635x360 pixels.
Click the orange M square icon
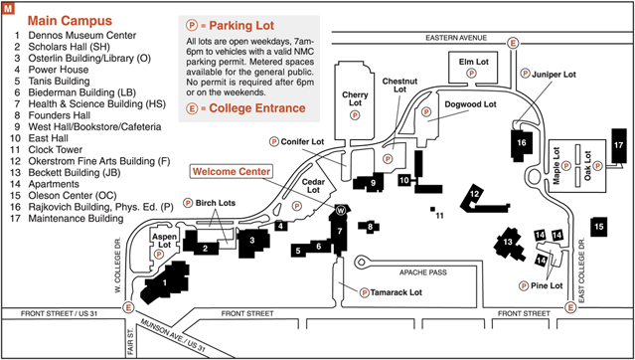point(9,9)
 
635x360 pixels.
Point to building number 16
point(521,143)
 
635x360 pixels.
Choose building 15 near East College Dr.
point(598,227)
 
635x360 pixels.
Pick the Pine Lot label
point(548,285)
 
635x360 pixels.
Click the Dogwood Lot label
point(469,102)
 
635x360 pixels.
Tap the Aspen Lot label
point(163,242)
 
